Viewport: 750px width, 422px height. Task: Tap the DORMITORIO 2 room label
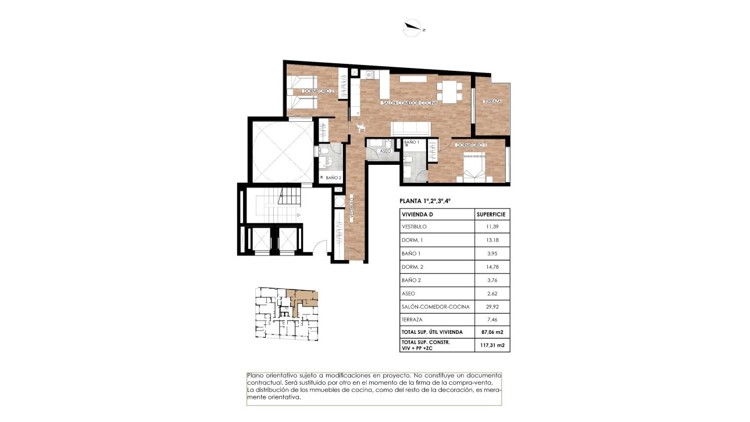click(x=319, y=91)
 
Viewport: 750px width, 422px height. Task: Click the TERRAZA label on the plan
click(x=492, y=102)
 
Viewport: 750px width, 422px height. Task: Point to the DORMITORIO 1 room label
click(x=472, y=145)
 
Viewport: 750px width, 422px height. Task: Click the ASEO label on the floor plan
click(x=385, y=151)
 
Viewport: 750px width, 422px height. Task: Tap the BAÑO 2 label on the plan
click(x=333, y=178)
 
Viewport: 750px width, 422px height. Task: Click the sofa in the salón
click(x=410, y=128)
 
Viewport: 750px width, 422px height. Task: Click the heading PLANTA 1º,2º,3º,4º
click(x=425, y=201)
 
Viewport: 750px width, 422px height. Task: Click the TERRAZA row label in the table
click(x=412, y=319)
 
